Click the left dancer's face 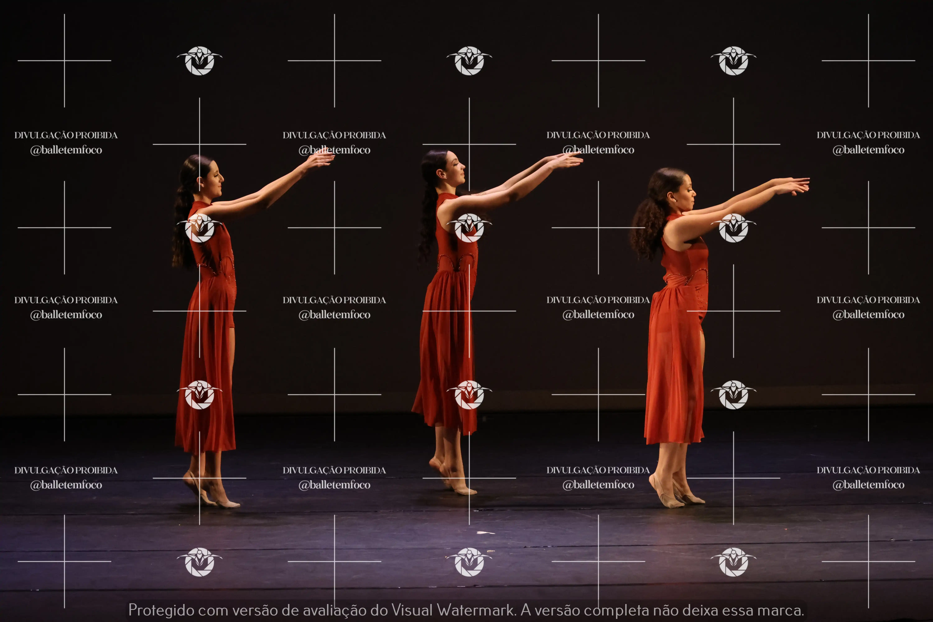(x=214, y=179)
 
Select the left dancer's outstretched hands (x=319, y=159)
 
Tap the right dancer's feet (x=676, y=492)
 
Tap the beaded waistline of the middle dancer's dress (x=457, y=262)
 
